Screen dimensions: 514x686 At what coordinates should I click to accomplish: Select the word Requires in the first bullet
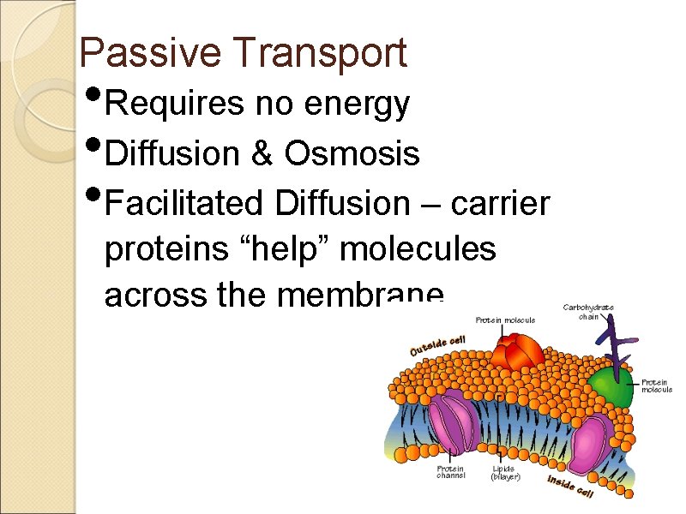click(175, 105)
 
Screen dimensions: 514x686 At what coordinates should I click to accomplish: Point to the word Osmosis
click(352, 154)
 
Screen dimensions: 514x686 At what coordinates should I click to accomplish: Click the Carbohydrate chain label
click(587, 310)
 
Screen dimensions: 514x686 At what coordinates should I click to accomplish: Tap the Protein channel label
click(450, 473)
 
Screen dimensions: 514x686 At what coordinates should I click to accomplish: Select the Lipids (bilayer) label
click(506, 473)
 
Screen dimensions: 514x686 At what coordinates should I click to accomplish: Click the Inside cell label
click(570, 486)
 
